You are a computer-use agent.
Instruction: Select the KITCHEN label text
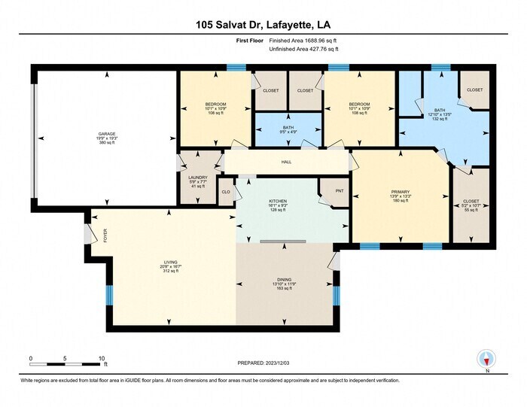coord(279,201)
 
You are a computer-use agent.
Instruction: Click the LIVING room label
coord(171,262)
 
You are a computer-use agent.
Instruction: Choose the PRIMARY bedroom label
coord(400,192)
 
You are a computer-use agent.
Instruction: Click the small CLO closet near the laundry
coord(226,191)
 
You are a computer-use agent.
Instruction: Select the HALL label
coord(286,162)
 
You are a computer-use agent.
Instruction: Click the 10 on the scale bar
coord(101,358)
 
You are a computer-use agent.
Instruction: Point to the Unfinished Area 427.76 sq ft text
coord(303,49)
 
